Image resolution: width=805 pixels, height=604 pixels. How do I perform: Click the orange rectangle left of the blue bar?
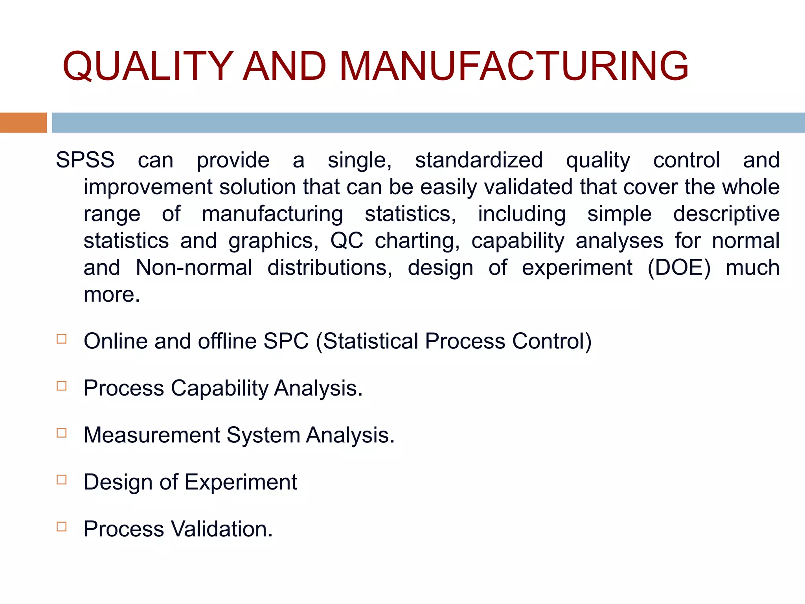23,123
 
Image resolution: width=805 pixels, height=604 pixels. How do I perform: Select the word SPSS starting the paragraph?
85,160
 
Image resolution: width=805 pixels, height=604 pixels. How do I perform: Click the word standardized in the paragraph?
479,160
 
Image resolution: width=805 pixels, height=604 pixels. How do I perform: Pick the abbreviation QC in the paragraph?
347,241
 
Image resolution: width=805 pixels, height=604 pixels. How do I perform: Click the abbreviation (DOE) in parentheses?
679,268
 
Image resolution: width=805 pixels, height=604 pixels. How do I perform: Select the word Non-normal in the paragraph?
194,268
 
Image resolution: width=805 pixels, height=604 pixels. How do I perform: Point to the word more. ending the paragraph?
112,295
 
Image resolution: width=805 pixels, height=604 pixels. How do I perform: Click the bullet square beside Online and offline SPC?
62,339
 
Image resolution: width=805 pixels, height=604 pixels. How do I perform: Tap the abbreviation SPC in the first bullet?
286,341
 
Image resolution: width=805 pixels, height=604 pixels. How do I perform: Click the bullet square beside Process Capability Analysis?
62,386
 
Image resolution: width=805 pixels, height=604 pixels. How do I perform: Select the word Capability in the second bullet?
219,389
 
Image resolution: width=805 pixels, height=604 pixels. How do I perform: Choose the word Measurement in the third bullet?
152,435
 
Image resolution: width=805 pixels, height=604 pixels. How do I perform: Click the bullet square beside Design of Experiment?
62,480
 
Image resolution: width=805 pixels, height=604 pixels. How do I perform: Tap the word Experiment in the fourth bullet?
241,482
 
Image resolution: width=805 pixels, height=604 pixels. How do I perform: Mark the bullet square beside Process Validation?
62,527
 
